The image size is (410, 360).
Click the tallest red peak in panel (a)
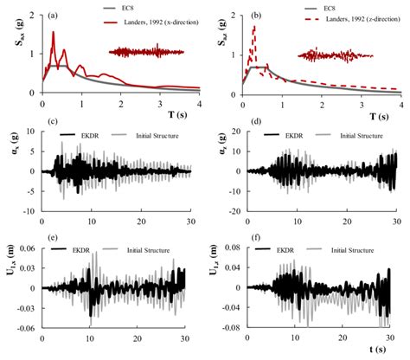[53, 33]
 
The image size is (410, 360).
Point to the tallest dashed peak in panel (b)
[254, 27]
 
